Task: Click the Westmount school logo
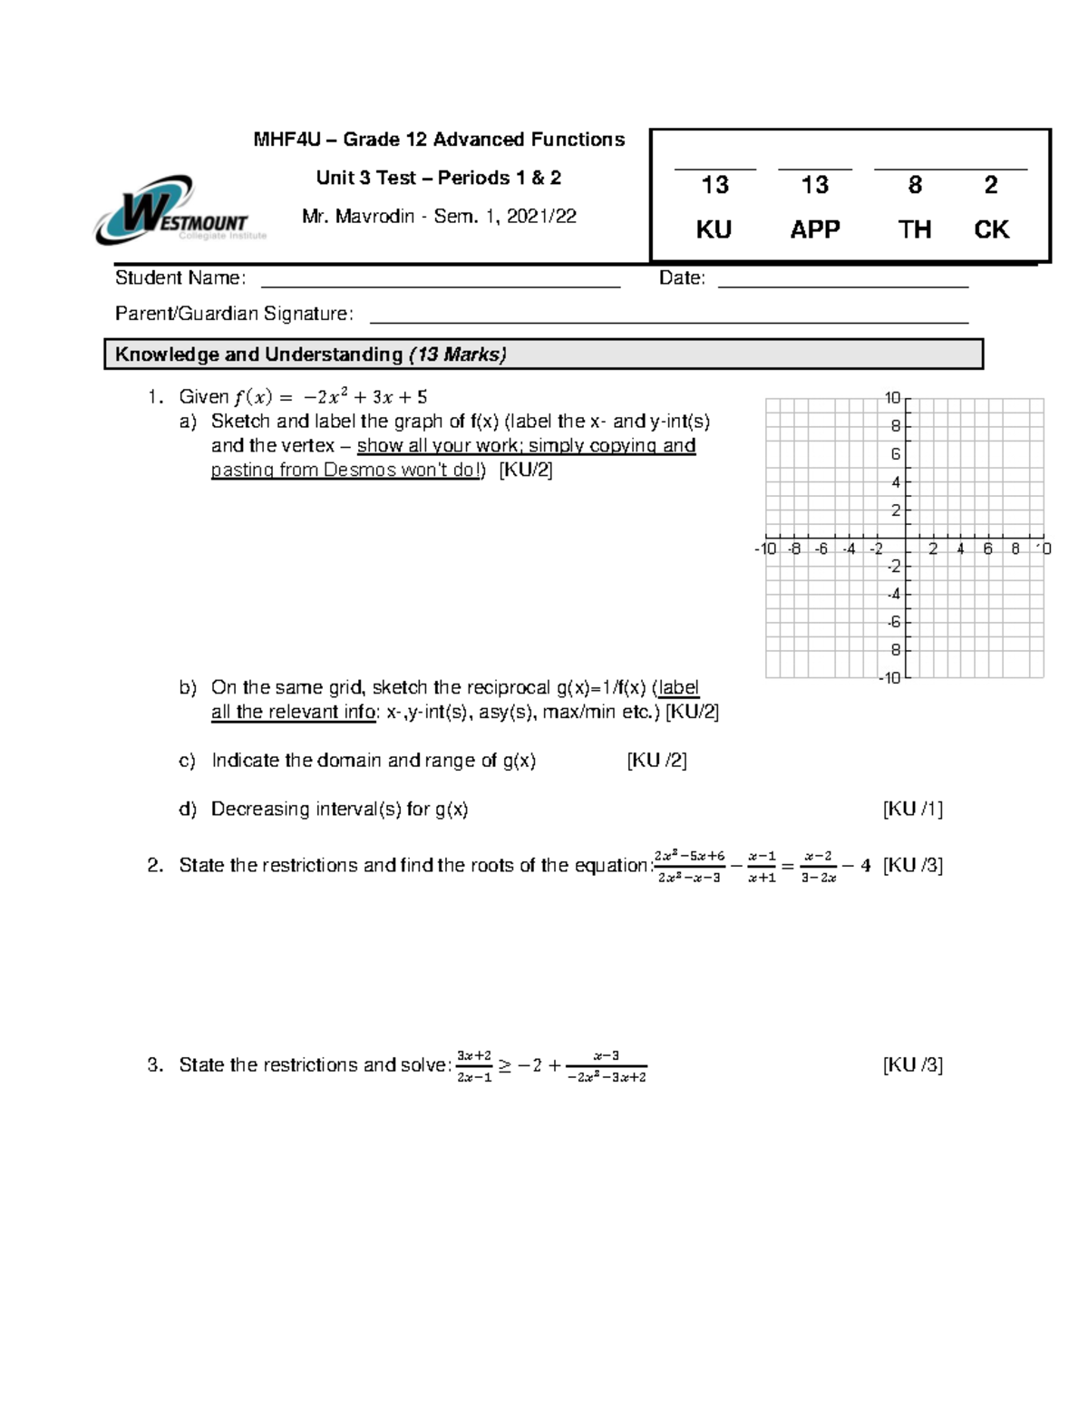(172, 211)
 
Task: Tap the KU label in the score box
(714, 229)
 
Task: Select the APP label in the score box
(814, 229)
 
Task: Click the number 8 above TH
(915, 185)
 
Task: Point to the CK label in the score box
(991, 229)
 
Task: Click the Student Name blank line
(440, 285)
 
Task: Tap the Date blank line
(843, 285)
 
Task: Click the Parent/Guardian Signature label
(234, 314)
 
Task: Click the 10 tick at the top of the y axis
(892, 397)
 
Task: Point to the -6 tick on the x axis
(821, 549)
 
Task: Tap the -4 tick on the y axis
(893, 595)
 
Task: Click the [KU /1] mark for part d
(913, 809)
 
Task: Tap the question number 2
(155, 866)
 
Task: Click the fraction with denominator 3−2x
(817, 867)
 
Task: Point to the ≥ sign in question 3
(504, 1066)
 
